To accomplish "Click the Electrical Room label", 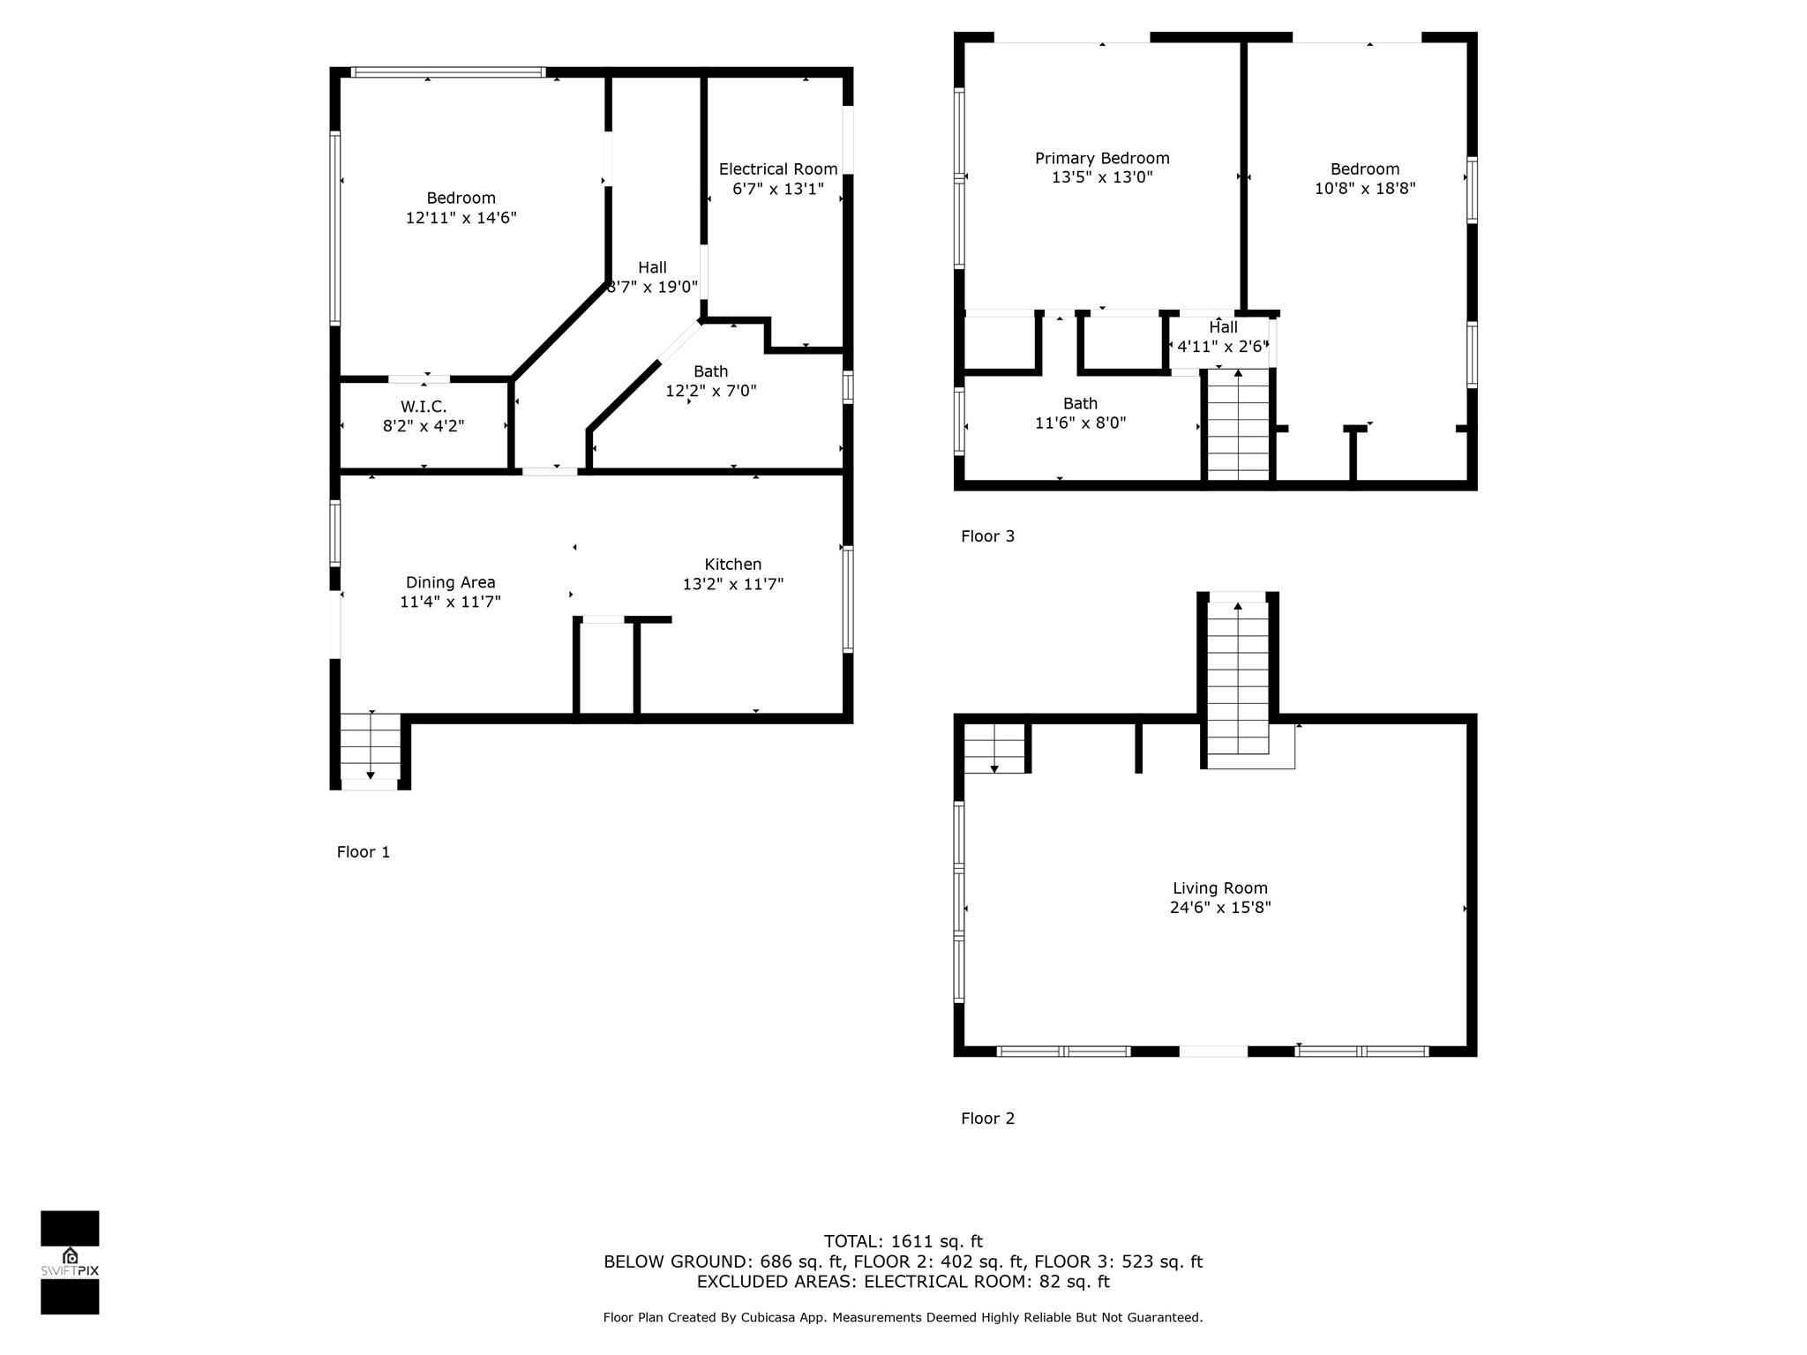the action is tap(778, 169).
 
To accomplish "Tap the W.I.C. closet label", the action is tap(424, 407).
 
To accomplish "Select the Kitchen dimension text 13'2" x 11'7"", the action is tap(733, 584).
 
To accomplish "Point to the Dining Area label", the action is tap(450, 582).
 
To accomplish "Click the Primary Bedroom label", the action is tap(1102, 159).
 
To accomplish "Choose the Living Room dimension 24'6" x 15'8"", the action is tap(1220, 907).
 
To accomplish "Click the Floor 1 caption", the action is tap(363, 852).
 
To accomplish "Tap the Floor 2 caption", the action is tap(987, 1119).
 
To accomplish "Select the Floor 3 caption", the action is tap(987, 536).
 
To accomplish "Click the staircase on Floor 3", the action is tap(1238, 425).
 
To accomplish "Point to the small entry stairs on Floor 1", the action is tap(371, 746).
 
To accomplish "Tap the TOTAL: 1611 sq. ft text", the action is tap(903, 1242).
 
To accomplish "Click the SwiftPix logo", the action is tap(70, 1262).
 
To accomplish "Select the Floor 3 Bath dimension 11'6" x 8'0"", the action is tap(1080, 423).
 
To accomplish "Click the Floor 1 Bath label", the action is tap(710, 371).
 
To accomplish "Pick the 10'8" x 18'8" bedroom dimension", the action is tap(1365, 188).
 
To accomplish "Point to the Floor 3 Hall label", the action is tap(1223, 327).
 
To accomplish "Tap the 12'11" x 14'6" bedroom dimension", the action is tap(461, 217).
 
